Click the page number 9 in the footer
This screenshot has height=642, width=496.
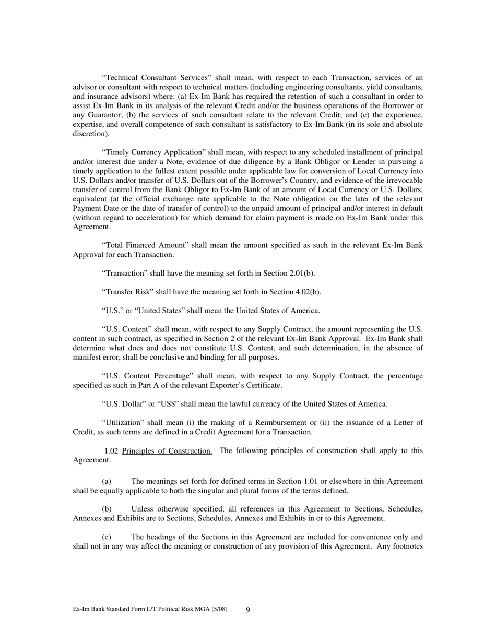click(248, 610)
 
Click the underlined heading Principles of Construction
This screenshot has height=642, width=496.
click(167, 451)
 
